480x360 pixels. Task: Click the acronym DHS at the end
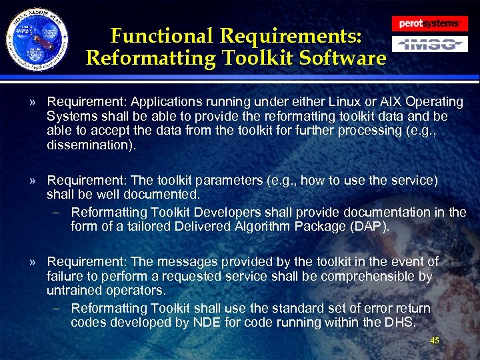[x=398, y=323]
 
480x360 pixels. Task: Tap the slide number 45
[x=435, y=341]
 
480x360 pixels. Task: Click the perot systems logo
[x=429, y=23]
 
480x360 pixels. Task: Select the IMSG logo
[x=429, y=45]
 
